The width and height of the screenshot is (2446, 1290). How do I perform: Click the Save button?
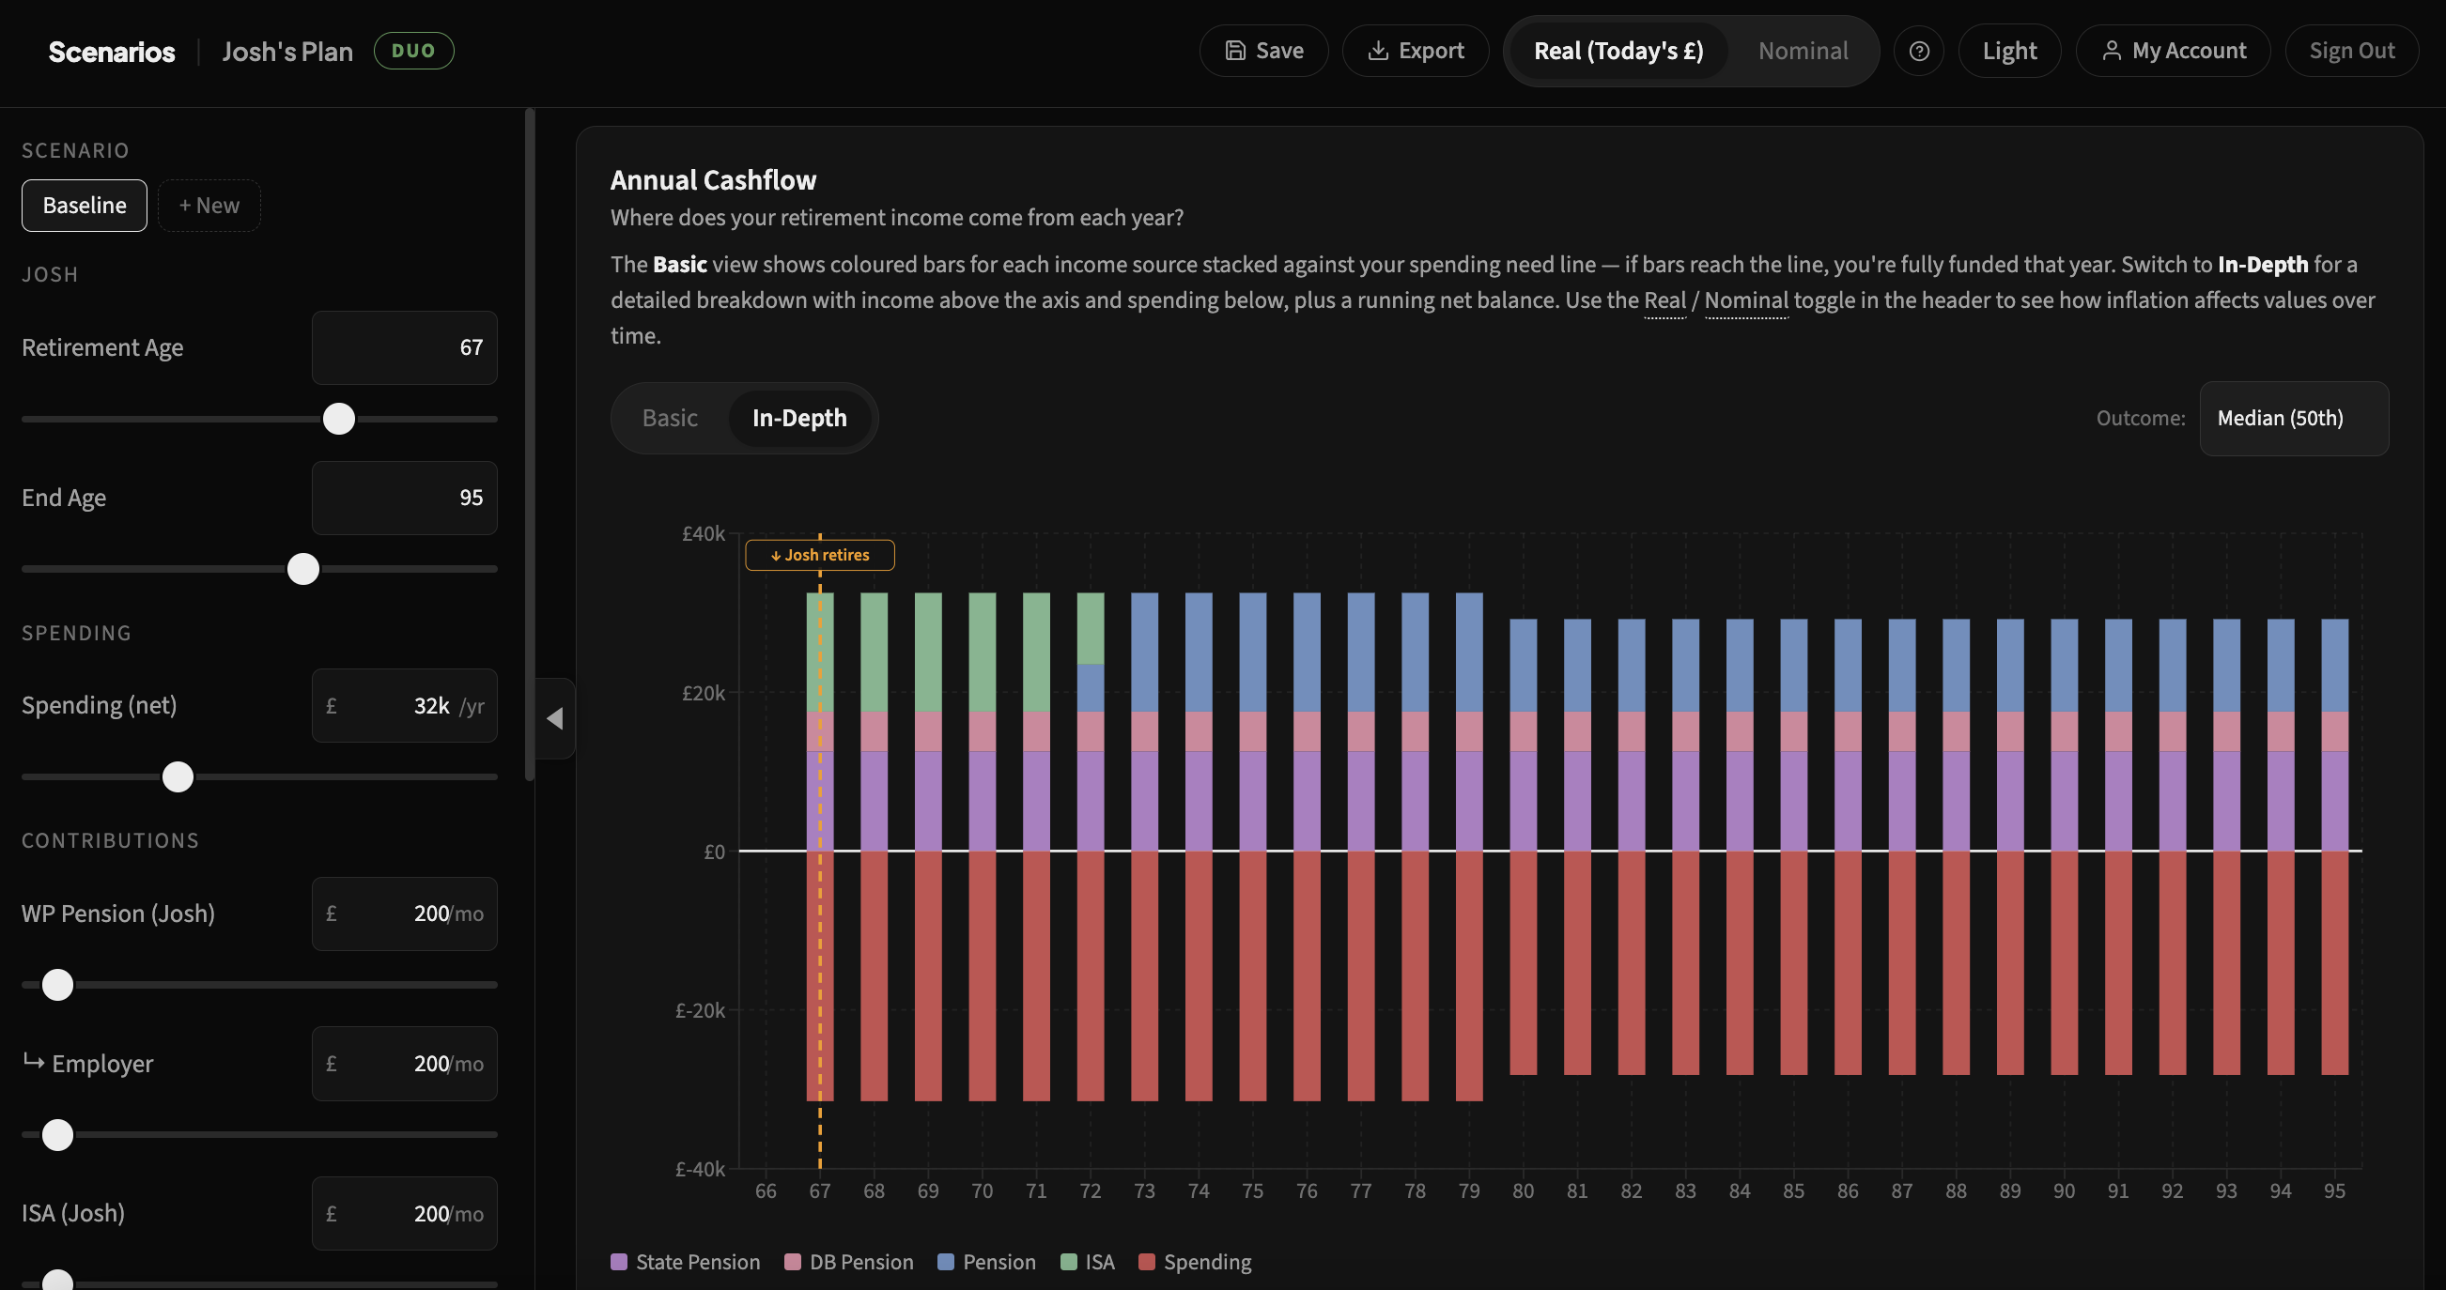point(1262,52)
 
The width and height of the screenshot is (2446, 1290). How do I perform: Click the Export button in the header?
point(1415,52)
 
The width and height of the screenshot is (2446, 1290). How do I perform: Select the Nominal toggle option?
point(1803,52)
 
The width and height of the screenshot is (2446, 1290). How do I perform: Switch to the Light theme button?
point(2008,52)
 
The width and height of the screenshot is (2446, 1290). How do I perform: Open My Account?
point(2173,52)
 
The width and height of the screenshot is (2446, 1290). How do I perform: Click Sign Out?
point(2351,52)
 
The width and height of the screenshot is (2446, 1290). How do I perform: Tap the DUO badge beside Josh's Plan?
point(413,52)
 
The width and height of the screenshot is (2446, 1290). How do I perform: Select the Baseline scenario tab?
point(85,205)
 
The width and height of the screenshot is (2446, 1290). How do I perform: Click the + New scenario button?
point(209,205)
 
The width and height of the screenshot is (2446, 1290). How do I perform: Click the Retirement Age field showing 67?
point(405,347)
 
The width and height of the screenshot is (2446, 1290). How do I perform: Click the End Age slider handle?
point(302,570)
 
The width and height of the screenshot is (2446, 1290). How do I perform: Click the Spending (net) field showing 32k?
point(405,705)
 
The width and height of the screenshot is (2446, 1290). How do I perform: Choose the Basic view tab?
point(670,418)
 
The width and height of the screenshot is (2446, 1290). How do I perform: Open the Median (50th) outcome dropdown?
point(2293,419)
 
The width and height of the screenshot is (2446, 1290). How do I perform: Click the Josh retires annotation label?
point(819,555)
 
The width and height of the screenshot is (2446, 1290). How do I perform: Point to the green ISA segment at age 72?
point(1090,627)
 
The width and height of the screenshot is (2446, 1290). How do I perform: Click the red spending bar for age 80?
point(1523,962)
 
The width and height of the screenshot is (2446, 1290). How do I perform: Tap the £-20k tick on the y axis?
point(700,1010)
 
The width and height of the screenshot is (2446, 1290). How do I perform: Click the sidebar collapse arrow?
point(555,718)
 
